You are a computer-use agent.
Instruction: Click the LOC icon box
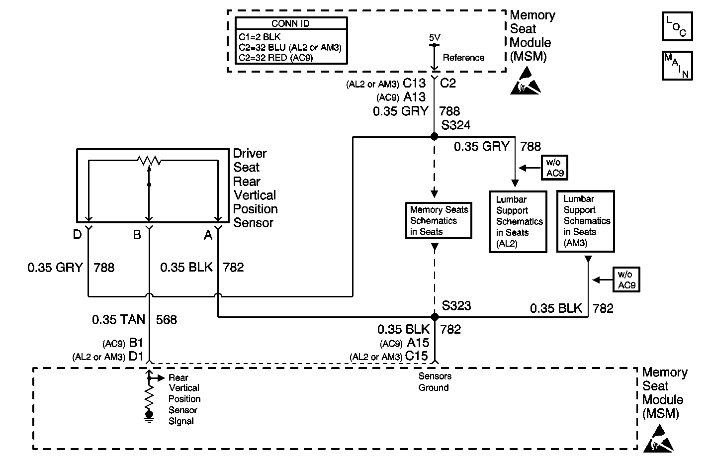[677, 26]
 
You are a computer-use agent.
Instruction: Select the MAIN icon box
[677, 65]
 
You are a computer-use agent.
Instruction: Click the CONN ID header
[291, 23]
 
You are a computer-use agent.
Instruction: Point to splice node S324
[434, 136]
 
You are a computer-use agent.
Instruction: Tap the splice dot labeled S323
[435, 317]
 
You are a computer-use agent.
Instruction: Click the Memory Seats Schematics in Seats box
[439, 220]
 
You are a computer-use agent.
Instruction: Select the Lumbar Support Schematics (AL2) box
[518, 222]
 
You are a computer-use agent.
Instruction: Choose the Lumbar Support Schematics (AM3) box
[585, 221]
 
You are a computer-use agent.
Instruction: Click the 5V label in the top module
[434, 38]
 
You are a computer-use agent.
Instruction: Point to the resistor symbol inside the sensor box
[149, 161]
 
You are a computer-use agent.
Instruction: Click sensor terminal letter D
[77, 234]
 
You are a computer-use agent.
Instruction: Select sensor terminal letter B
[137, 234]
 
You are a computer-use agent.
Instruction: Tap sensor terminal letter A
[208, 234]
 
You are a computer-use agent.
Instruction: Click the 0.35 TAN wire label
[118, 319]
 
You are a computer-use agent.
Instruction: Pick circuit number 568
[167, 319]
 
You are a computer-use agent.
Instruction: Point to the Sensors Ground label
[434, 382]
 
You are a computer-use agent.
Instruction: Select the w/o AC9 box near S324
[554, 167]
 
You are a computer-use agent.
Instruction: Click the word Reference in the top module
[463, 58]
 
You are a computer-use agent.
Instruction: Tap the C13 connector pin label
[414, 83]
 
